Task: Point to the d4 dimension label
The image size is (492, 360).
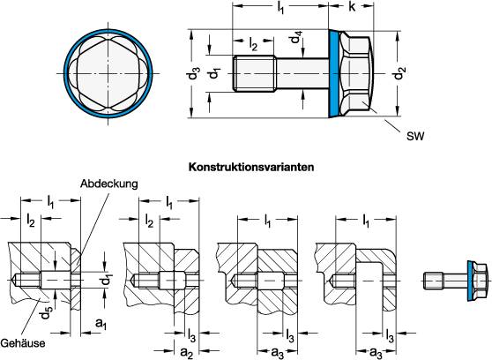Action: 298,41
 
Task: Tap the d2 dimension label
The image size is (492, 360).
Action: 403,75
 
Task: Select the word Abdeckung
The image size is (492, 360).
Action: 106,185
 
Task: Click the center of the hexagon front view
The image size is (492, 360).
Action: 108,74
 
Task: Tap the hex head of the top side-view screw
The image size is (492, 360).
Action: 362,74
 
